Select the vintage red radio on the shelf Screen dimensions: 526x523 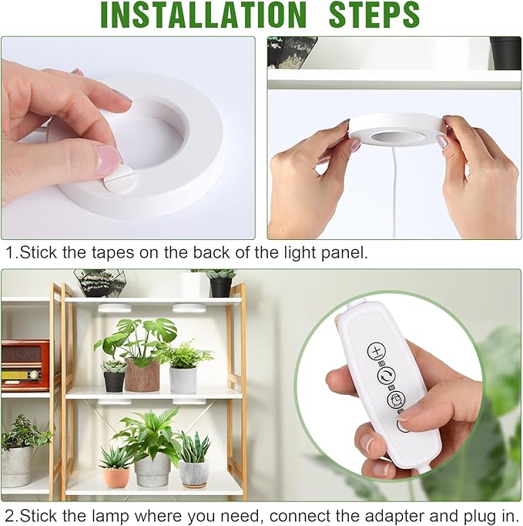pyautogui.click(x=24, y=365)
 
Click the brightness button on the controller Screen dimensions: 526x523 pyautogui.click(x=377, y=352)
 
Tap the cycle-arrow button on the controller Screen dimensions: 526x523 pyautogui.click(x=385, y=376)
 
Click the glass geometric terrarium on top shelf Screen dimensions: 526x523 pyautogui.click(x=98, y=282)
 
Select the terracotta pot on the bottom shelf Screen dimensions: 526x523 pyautogui.click(x=116, y=477)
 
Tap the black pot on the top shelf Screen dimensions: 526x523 pyautogui.click(x=221, y=286)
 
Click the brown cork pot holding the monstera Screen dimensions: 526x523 pyautogui.click(x=142, y=376)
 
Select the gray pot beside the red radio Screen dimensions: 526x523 pyautogui.click(x=17, y=466)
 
